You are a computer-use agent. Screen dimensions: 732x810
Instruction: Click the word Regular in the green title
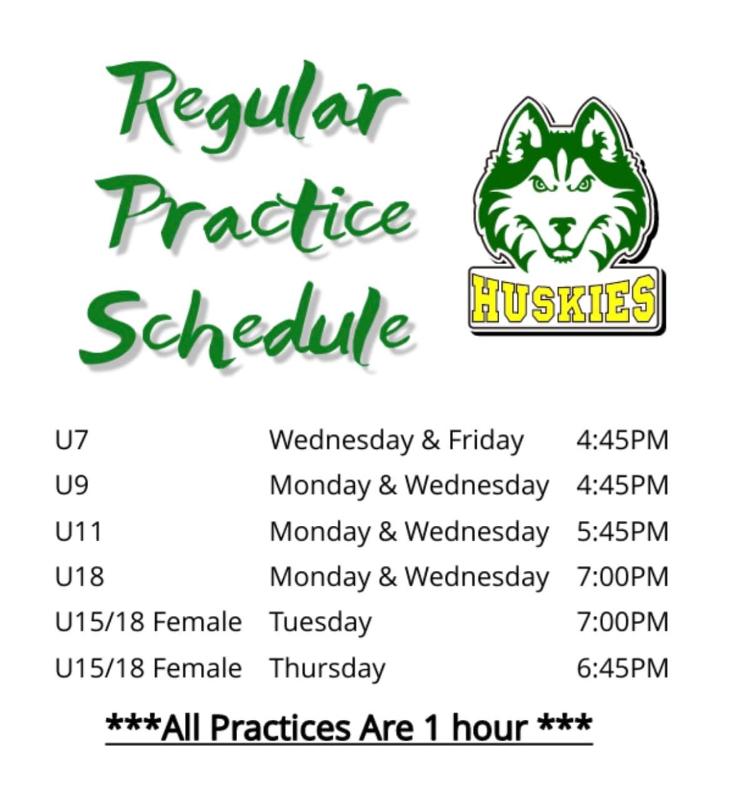coord(252,107)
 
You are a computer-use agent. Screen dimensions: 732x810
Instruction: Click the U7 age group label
coord(71,440)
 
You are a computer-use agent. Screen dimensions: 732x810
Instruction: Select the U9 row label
coord(72,485)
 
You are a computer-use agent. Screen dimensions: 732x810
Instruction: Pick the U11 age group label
coord(78,531)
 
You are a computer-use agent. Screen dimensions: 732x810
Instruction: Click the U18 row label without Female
coord(79,577)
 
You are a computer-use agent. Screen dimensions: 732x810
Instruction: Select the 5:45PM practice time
coord(622,531)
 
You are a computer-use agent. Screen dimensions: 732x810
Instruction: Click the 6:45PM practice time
coord(622,668)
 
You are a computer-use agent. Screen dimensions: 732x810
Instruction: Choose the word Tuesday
coord(321,623)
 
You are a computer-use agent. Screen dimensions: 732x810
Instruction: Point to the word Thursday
coord(328,669)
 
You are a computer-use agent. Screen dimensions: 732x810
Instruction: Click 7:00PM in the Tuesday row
coord(622,622)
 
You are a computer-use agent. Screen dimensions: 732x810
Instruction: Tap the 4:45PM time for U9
coord(622,486)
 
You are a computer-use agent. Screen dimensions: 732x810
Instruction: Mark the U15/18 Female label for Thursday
coord(148,668)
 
